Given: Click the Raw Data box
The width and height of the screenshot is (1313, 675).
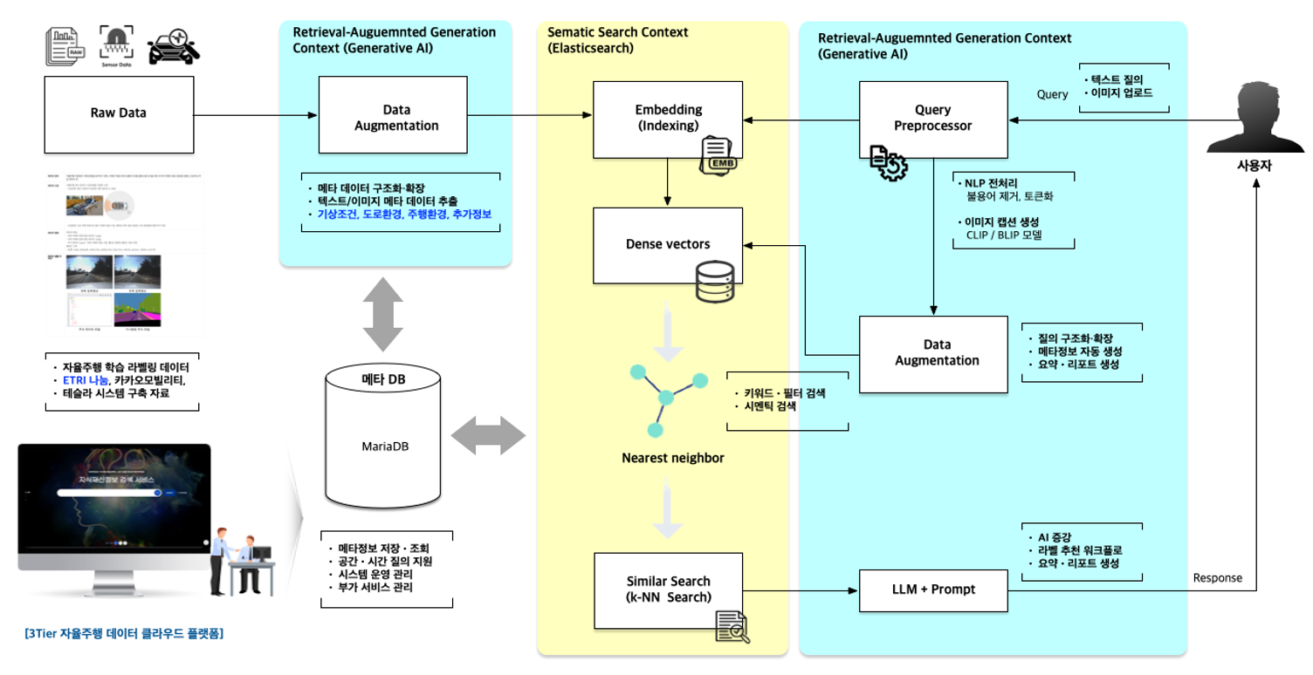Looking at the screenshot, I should [x=119, y=113].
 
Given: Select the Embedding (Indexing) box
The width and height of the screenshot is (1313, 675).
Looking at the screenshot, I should [x=668, y=118].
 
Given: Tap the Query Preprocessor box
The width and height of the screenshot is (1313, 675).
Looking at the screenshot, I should [x=932, y=118].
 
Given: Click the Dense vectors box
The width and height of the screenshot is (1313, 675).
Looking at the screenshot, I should [x=668, y=245].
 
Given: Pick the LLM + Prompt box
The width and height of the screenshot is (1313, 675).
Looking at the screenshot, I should [x=932, y=590].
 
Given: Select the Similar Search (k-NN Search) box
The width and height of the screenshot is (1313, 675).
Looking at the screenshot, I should [x=668, y=589].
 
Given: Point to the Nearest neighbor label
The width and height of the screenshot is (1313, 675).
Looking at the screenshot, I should [x=672, y=458].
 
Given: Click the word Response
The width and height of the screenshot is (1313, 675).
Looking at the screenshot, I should [x=1217, y=578].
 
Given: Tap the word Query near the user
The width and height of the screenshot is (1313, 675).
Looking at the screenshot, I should [x=1052, y=94].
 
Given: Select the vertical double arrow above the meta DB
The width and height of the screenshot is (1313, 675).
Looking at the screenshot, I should [x=383, y=315].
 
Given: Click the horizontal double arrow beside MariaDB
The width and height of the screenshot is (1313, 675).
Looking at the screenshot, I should [x=488, y=434].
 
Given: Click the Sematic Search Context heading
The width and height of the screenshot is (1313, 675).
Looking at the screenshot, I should [x=617, y=32].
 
